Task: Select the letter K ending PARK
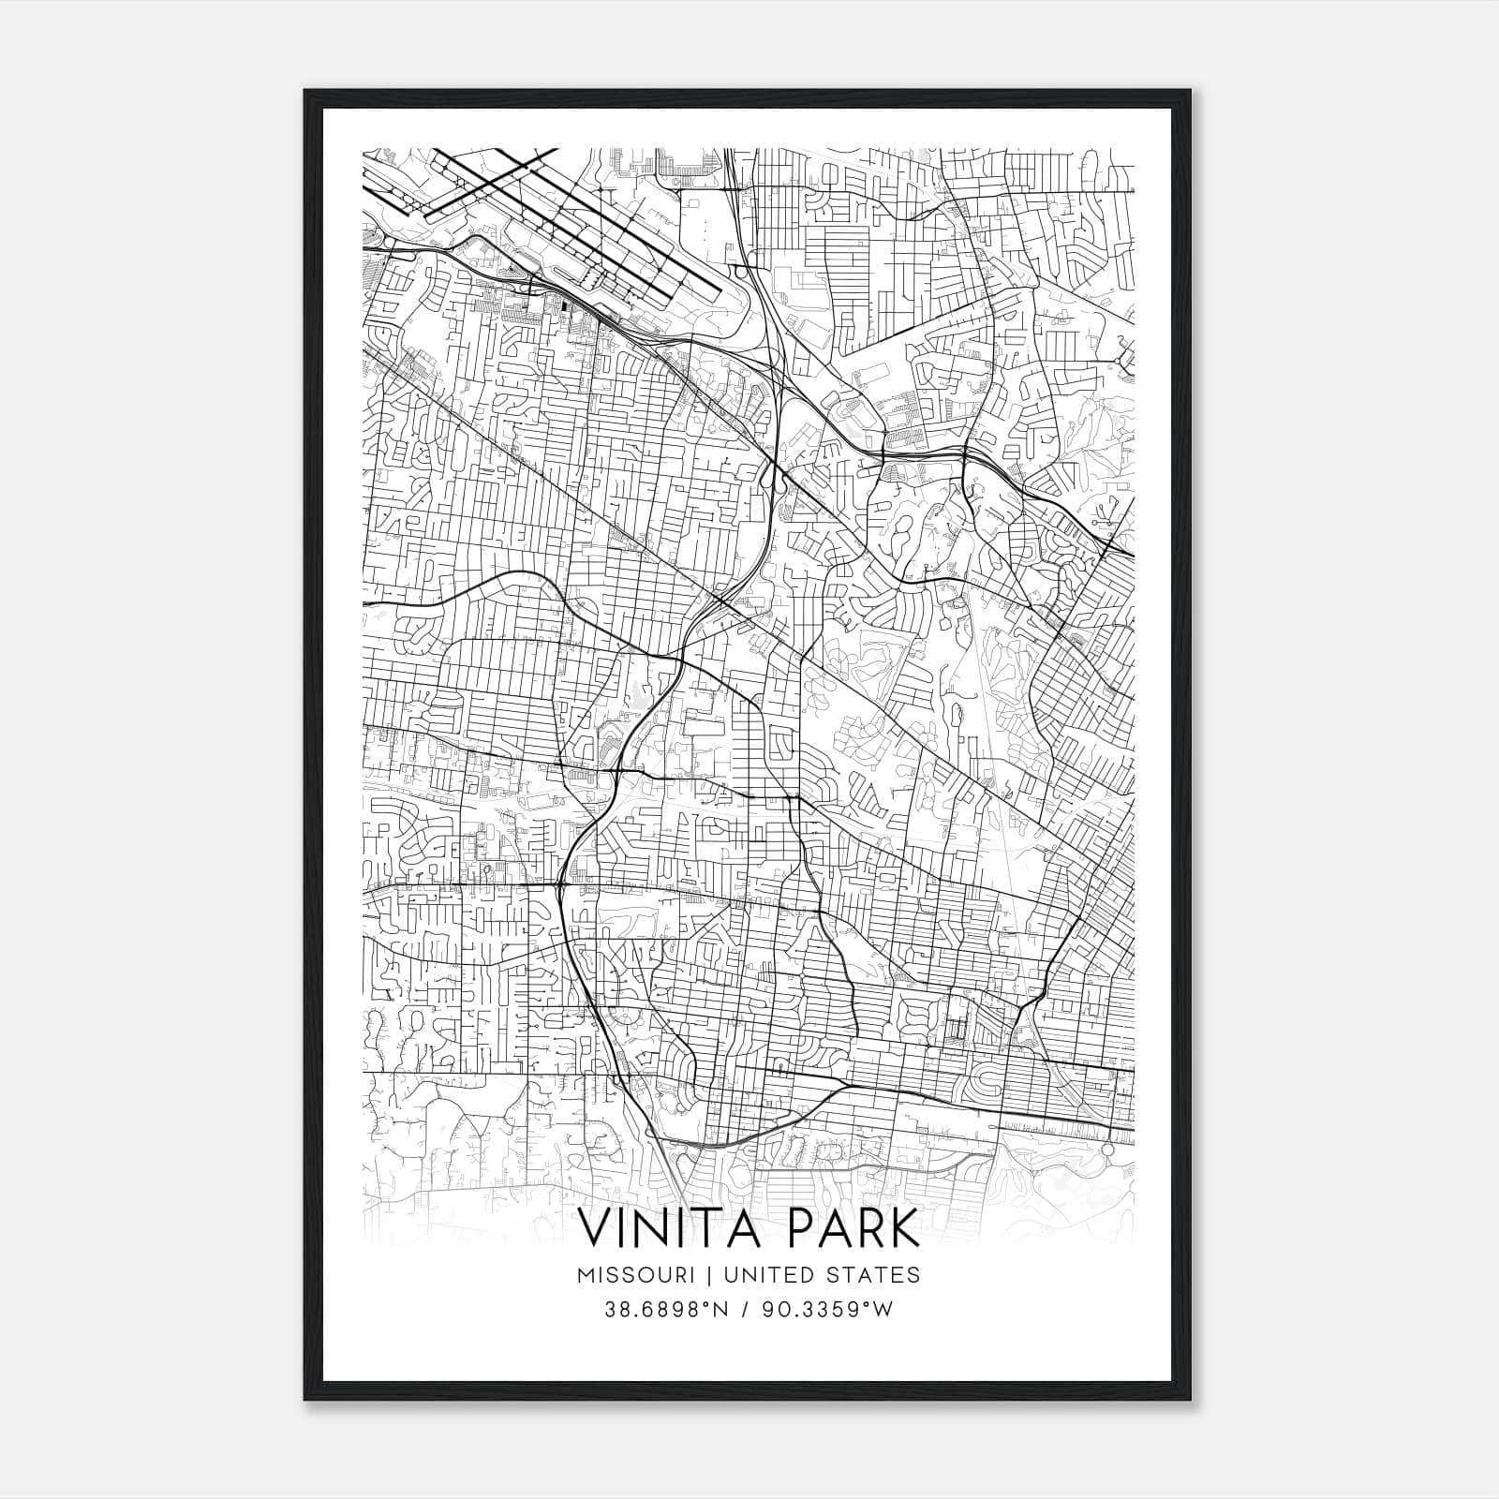pos(904,1229)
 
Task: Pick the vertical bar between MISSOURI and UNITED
pos(694,1275)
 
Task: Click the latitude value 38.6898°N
pos(666,1310)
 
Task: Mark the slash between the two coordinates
pos(746,1310)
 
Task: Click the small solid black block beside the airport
pos(564,304)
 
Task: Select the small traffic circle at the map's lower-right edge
pos(1106,1149)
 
